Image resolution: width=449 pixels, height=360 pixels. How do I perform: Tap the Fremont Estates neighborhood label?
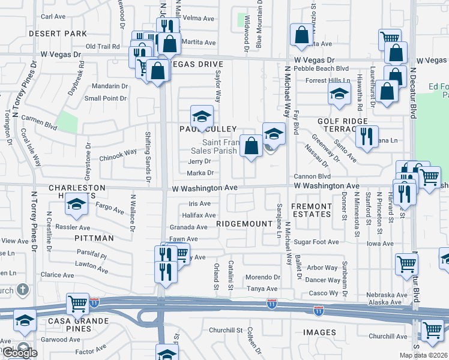[x=311, y=210]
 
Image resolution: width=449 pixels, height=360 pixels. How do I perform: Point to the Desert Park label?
[x=58, y=34]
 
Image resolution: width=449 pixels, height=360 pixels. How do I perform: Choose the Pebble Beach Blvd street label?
[x=327, y=69]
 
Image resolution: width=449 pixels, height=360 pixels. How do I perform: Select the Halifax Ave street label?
[x=199, y=215]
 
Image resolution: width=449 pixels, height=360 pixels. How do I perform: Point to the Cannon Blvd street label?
[x=312, y=176]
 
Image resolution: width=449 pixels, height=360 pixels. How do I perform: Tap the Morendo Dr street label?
[x=264, y=277]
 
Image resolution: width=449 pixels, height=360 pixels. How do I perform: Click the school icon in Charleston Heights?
[x=76, y=205]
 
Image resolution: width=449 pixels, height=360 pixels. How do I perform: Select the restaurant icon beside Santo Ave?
[x=366, y=136]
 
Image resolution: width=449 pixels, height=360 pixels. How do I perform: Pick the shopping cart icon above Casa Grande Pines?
[x=78, y=303]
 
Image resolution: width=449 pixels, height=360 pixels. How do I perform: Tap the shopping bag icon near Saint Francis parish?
[x=251, y=145]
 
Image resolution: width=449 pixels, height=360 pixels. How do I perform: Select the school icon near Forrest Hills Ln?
[x=339, y=94]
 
